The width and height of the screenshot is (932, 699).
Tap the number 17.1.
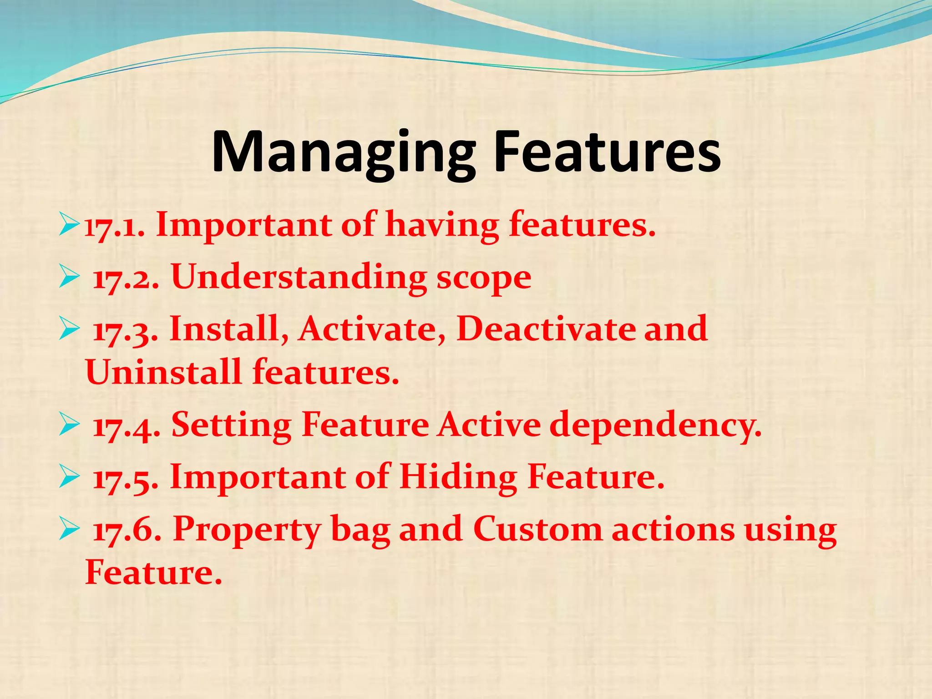[115, 226]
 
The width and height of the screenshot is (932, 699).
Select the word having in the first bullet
[442, 226]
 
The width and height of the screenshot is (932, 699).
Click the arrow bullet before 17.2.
[69, 278]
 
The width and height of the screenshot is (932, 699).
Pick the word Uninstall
[163, 372]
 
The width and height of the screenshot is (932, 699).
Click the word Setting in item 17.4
[231, 425]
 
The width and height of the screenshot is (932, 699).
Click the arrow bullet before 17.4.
[69, 426]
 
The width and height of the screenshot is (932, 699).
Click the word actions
[673, 530]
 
